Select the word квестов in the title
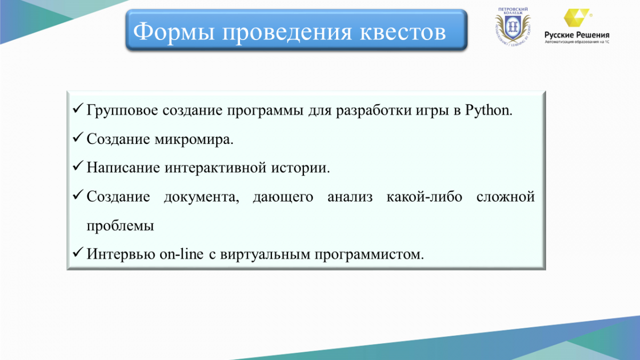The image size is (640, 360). tap(403, 31)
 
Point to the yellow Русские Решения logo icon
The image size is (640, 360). tap(576, 18)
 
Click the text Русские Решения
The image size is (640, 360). tap(577, 35)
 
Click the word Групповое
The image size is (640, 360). tap(122, 111)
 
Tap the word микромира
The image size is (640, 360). tap(194, 140)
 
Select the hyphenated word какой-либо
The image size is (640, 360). tap(425, 197)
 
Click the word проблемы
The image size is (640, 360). tap(121, 226)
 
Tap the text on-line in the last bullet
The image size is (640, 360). tap(181, 254)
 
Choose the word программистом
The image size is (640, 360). tap(369, 254)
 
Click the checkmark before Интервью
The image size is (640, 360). tap(78, 252)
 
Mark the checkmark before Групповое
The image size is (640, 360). tap(78, 108)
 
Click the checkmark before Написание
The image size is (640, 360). tap(78, 165)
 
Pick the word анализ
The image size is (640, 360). tap(350, 197)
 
